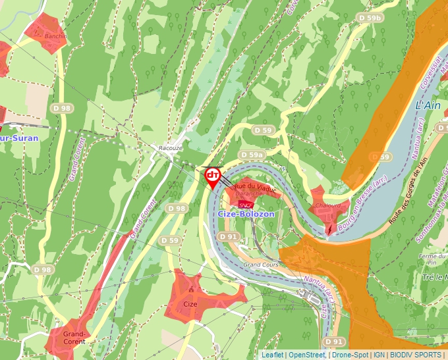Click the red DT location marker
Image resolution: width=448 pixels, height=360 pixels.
pyautogui.click(x=213, y=176)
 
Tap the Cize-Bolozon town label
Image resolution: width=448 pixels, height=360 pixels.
pyautogui.click(x=245, y=214)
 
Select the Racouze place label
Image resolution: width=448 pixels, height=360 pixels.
pyautogui.click(x=170, y=148)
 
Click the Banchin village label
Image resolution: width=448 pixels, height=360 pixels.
pyautogui.click(x=55, y=36)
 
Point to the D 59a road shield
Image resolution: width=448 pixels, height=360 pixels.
pyautogui.click(x=252, y=155)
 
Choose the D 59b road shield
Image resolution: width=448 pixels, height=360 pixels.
pyautogui.click(x=371, y=18)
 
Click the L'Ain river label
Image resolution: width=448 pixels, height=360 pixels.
pyautogui.click(x=428, y=105)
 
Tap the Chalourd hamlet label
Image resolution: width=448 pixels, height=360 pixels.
pyautogui.click(x=328, y=205)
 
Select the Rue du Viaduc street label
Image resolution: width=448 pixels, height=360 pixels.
pyautogui.click(x=251, y=188)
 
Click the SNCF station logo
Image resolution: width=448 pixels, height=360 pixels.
pyautogui.click(x=246, y=204)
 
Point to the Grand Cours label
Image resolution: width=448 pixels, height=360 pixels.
pyautogui.click(x=262, y=264)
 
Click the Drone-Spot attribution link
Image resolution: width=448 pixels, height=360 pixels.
pyautogui.click(x=349, y=355)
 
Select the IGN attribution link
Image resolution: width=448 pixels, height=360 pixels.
pyautogui.click(x=379, y=355)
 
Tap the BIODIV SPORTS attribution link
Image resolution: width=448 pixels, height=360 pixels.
pyautogui.click(x=416, y=355)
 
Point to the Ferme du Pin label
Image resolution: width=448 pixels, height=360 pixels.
pyautogui.click(x=432, y=259)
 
